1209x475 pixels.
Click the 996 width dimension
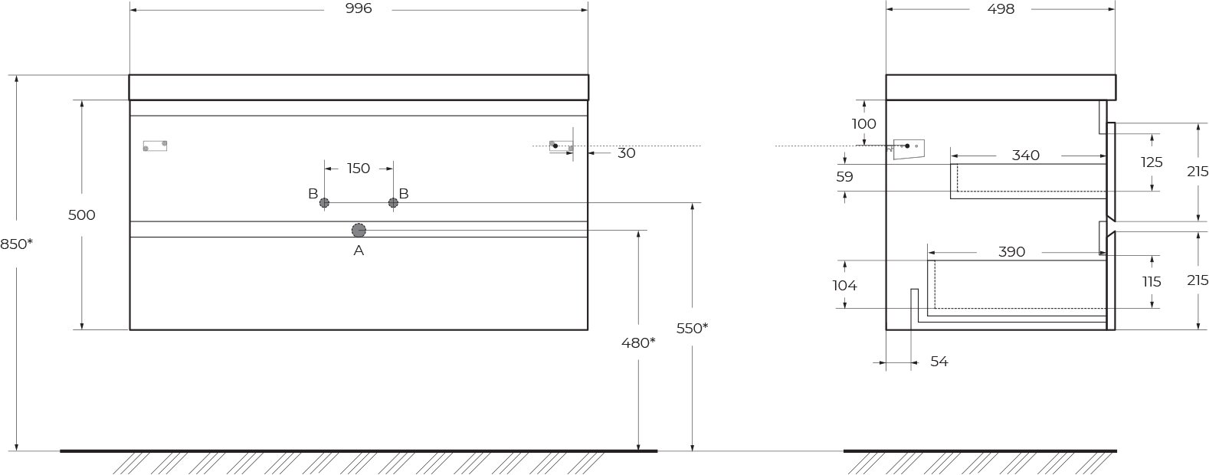coord(359,8)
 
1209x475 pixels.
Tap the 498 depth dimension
coord(1001,8)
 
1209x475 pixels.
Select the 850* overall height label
coord(17,244)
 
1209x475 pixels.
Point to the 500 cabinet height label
coord(81,215)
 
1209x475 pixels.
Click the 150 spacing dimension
coord(359,169)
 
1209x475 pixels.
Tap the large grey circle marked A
coord(359,231)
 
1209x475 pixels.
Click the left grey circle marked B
coord(324,203)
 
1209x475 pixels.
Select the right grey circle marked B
coord(393,203)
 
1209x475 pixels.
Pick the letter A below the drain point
coord(359,251)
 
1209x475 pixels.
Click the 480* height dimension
coord(638,342)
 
